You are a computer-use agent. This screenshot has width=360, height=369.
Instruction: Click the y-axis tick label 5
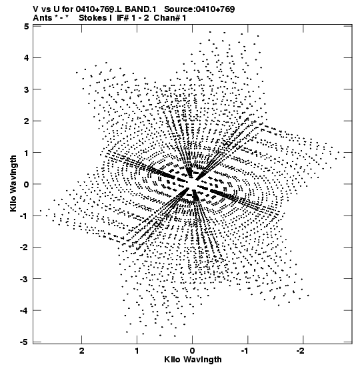(26, 27)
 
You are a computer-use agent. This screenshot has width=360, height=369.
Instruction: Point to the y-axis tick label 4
(26, 58)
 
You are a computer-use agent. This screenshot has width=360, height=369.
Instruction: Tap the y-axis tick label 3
(26, 89)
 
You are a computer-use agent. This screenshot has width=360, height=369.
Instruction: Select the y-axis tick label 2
(26, 121)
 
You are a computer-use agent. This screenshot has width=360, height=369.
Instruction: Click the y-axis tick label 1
(27, 153)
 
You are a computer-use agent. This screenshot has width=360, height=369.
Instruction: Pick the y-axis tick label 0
(26, 184)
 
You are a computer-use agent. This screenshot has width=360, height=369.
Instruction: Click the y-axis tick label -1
(25, 216)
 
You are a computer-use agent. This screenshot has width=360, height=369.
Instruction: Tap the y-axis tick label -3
(25, 279)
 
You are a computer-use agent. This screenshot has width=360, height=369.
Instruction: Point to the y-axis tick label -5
(25, 342)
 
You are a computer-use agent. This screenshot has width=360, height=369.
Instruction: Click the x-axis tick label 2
(81, 351)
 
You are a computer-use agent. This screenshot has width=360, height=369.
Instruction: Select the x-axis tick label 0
(193, 351)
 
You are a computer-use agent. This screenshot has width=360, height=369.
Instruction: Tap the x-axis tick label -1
(246, 351)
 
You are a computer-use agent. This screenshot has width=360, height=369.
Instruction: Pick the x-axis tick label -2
(301, 351)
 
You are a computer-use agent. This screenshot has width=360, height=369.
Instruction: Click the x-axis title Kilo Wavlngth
(193, 360)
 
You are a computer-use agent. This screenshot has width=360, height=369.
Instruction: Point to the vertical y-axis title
(13, 183)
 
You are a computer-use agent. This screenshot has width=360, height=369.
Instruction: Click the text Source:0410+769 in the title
(199, 9)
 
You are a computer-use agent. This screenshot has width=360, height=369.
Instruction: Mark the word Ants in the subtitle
(43, 18)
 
